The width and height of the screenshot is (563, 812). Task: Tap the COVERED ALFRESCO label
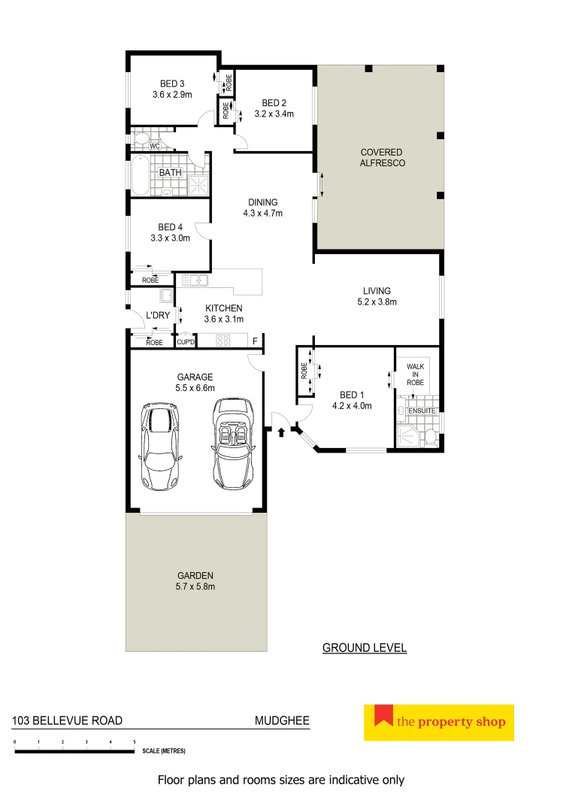381,157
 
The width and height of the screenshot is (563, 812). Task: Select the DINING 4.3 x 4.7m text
262,208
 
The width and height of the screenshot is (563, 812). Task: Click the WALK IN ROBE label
416,374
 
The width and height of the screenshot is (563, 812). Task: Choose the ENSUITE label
422,411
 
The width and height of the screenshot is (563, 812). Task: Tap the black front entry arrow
281,432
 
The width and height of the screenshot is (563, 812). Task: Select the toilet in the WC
140,140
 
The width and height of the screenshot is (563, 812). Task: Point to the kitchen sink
195,280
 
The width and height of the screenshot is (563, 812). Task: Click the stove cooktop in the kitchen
223,341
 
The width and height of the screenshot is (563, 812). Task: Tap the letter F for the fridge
255,341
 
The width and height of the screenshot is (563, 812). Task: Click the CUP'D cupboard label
185,342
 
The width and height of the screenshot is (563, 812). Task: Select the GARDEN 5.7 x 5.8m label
195,580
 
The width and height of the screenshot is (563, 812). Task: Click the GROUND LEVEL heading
365,647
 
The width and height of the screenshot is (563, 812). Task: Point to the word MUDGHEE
282,720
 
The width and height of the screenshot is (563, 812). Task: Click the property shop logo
438,723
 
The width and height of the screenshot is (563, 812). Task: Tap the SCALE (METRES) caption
162,751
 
